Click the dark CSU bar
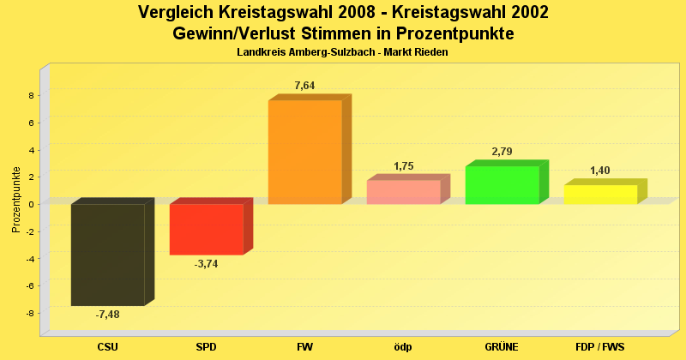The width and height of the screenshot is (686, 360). pyautogui.click(x=107, y=254)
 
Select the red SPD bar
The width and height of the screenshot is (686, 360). pyautogui.click(x=206, y=229)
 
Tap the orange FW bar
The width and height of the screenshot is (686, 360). pyautogui.click(x=304, y=152)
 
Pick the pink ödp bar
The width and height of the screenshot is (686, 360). pyautogui.click(x=403, y=192)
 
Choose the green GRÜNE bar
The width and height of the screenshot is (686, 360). pyautogui.click(x=502, y=185)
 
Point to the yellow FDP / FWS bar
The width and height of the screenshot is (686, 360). pyautogui.click(x=600, y=195)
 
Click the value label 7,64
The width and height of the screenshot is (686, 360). pyautogui.click(x=305, y=86)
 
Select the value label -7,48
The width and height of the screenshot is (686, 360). pyautogui.click(x=107, y=315)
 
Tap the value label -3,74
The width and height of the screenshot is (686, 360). pyautogui.click(x=206, y=264)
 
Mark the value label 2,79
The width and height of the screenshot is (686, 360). pyautogui.click(x=502, y=152)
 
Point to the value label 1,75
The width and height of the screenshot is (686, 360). pyautogui.click(x=404, y=166)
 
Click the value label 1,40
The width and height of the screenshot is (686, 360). pyautogui.click(x=600, y=171)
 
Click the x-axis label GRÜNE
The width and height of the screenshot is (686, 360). pyautogui.click(x=502, y=347)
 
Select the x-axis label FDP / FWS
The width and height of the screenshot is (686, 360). pyautogui.click(x=600, y=347)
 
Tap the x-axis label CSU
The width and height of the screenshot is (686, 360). pyautogui.click(x=107, y=347)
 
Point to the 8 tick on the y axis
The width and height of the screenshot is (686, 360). pyautogui.click(x=30, y=95)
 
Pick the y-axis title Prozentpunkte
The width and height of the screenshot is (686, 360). pyautogui.click(x=15, y=200)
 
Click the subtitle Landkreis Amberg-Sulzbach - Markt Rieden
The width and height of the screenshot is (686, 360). pyautogui.click(x=342, y=52)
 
